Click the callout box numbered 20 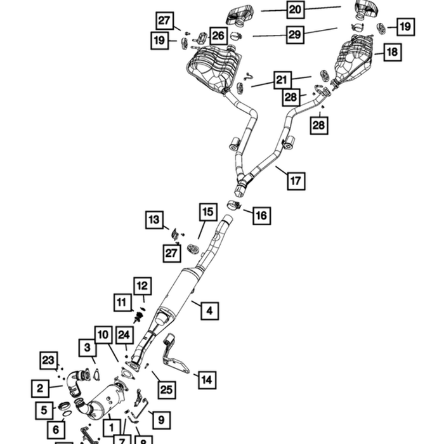(296, 10)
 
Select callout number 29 (295, 34)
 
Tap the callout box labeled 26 (218, 36)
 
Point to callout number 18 (393, 52)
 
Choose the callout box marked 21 (282, 80)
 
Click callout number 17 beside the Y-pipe (296, 181)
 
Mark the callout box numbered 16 (261, 216)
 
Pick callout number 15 (208, 212)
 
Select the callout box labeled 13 (154, 219)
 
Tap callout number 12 (143, 286)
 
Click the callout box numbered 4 (209, 311)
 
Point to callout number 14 (207, 380)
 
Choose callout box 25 (167, 390)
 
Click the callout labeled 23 (49, 360)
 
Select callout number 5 (44, 410)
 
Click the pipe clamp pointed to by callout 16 (234, 206)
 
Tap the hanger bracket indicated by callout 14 (175, 356)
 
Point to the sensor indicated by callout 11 (138, 317)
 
